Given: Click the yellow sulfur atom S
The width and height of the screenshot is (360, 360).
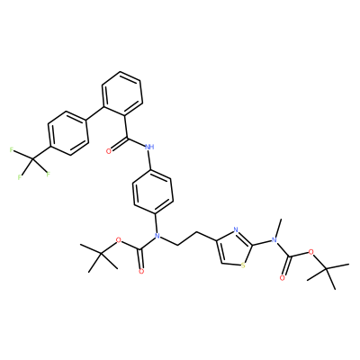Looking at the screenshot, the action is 243,265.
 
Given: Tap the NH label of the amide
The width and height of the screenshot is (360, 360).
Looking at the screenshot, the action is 149,147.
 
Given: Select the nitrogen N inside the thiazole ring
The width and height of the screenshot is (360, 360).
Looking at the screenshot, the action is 235,230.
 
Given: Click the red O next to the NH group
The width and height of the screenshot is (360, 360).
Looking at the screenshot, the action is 109,151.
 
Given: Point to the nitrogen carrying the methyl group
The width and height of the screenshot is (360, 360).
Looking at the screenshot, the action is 274,240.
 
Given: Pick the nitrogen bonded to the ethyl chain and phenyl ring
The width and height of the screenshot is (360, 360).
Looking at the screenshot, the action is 157,236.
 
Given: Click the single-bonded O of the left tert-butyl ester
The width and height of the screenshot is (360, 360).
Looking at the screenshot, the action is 119,240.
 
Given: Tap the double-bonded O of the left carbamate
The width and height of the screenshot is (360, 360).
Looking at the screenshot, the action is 141,272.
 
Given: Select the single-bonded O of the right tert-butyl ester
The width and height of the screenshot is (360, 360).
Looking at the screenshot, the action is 310,251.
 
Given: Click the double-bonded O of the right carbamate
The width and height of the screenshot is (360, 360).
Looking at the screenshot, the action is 282,278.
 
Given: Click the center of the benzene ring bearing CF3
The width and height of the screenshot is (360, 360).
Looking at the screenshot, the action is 67,133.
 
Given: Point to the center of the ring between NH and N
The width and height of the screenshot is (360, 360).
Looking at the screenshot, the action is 153,192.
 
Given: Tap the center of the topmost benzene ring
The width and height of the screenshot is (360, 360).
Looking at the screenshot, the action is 122,94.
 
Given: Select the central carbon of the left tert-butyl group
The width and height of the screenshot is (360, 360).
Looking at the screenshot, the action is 102,254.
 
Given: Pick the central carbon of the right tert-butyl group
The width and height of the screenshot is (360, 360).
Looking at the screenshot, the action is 327,269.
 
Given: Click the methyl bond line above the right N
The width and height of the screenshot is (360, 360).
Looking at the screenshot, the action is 277,229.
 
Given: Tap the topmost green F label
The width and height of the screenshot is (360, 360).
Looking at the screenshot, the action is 12,149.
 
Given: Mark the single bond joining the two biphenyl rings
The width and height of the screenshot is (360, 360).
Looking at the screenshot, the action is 95,113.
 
